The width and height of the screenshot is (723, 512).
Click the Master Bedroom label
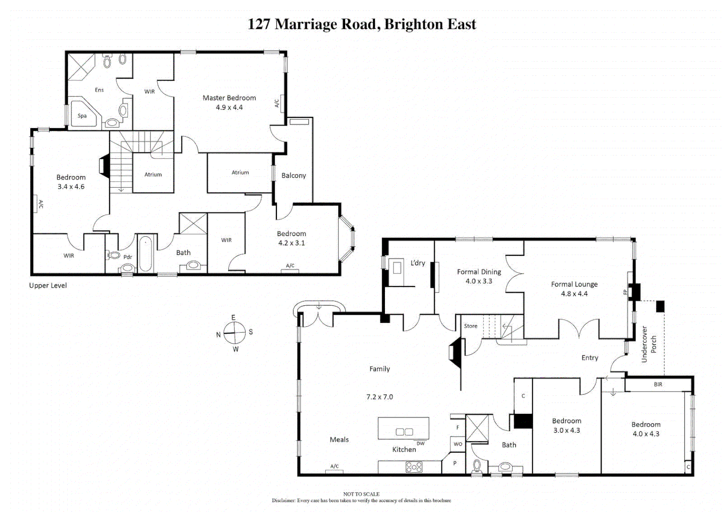[229, 98]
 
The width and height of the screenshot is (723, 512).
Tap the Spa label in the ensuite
[82, 116]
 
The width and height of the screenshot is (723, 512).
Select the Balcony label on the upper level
[294, 175]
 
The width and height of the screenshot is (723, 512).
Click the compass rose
[235, 333]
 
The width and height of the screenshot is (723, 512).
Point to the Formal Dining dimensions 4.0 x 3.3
[479, 281]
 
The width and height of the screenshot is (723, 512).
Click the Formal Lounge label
[574, 284]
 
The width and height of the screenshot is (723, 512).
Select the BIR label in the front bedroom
[658, 384]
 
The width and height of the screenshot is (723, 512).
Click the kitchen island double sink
[404, 432]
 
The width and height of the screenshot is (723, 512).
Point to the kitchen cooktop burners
[414, 467]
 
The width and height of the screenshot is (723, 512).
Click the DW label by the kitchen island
[420, 444]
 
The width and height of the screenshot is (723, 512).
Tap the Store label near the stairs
[470, 326]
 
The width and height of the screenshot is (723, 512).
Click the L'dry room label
[418, 263]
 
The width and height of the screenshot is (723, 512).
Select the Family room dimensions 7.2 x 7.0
[380, 397]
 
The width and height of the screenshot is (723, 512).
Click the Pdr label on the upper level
[128, 257]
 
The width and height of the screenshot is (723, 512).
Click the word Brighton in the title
[414, 24]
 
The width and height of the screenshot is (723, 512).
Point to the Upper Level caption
[48, 285]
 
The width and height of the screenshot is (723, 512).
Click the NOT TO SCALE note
[361, 494]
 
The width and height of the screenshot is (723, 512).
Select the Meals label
[339, 439]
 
